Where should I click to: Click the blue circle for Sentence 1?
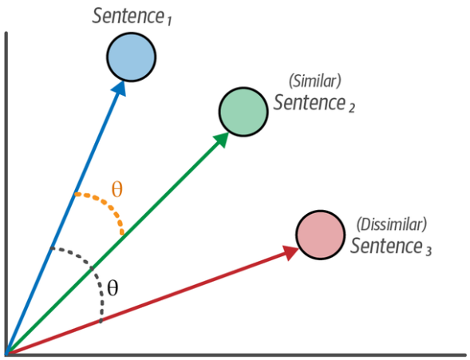point(132,57)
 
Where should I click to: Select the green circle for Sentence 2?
point(243,112)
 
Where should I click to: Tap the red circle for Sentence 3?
point(321,235)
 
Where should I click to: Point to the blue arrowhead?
point(120,89)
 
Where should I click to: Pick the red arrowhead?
point(291,252)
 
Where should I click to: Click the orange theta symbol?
point(117,189)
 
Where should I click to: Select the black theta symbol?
point(113,288)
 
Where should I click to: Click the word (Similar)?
point(314,81)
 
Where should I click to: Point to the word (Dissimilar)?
point(392,224)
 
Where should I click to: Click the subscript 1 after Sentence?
point(168,22)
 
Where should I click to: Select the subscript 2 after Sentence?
point(352,108)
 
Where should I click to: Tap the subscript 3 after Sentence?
point(429,251)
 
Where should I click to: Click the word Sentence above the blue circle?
point(128,16)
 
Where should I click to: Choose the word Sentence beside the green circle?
point(310,102)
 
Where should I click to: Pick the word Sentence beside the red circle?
point(387,246)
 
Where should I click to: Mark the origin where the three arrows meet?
point(6,354)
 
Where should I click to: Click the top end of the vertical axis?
point(6,33)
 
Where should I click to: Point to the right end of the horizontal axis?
point(466,355)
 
